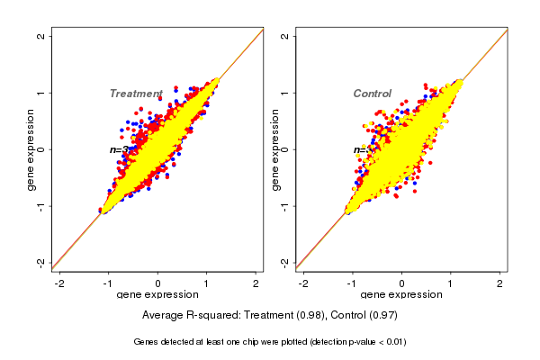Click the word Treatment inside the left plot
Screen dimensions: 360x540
tap(136, 94)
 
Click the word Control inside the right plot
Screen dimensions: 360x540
tap(373, 94)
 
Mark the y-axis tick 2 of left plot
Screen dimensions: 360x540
tap(41, 36)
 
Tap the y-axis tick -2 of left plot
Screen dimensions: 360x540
tap(41, 262)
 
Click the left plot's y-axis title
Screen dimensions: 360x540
tap(31, 149)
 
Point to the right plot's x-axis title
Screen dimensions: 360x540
tap(401, 295)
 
